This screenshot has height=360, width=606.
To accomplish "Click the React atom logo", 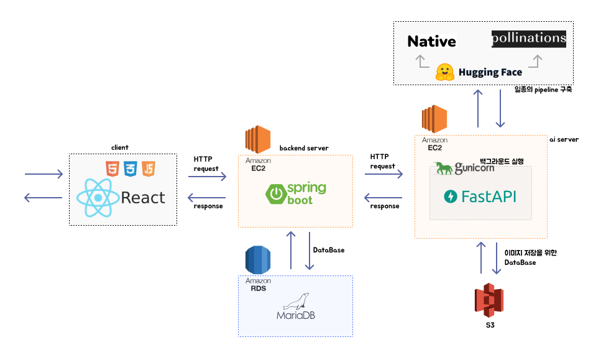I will [97, 197].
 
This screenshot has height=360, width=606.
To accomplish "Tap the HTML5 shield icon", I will [112, 168].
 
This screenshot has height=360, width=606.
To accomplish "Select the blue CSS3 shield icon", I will [131, 168].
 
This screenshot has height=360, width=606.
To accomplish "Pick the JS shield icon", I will [149, 168].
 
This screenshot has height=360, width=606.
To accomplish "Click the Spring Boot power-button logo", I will [275, 195].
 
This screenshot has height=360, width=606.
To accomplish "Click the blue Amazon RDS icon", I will [257, 261].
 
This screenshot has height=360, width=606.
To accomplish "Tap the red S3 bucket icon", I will [489, 300].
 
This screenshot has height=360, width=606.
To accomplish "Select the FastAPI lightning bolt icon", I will [450, 197].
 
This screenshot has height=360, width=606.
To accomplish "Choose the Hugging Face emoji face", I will [445, 72].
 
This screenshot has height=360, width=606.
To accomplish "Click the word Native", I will [431, 42].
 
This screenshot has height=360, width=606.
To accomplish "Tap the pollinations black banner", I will [529, 39].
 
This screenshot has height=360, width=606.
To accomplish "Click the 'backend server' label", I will [304, 148].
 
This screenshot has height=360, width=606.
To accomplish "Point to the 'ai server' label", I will [564, 140].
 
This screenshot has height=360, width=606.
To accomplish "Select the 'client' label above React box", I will [119, 147].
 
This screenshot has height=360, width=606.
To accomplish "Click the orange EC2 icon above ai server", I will [434, 120].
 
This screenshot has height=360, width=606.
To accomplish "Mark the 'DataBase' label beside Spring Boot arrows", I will [328, 250].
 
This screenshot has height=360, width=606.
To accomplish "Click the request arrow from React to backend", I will [208, 177].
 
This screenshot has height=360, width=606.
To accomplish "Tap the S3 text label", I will [489, 325].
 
